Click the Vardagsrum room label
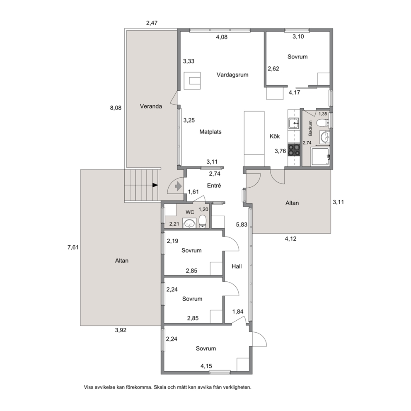pos(232,75)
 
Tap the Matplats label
pos(210,132)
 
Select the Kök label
pos(275,136)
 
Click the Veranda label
pos(151,106)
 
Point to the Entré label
pos(214,186)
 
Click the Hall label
pos(237,266)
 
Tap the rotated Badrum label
pos(310,128)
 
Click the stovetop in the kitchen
pos(294,150)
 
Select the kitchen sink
pos(294,123)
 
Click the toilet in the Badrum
pos(323,123)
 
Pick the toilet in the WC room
pos(202,222)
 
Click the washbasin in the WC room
pos(189,223)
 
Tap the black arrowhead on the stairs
pos(155,185)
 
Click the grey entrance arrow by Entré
pos(178,186)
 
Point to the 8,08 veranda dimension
pos(116,108)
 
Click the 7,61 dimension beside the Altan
pos(73,247)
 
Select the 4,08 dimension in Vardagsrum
pos(222,37)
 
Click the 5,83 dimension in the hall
pos(242,225)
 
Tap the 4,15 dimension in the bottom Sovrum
pos(206,366)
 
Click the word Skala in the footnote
pos(160,387)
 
